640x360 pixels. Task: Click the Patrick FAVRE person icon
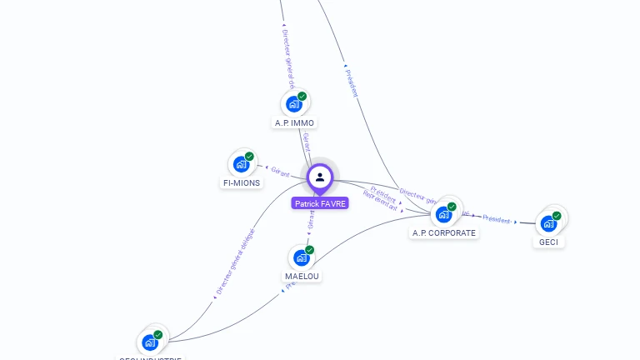[320, 177]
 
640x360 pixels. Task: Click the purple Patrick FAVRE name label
[320, 203]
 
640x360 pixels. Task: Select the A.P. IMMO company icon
[293, 104]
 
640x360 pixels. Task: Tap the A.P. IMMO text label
[295, 123]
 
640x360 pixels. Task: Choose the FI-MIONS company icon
[241, 164]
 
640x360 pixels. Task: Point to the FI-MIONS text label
[242, 183]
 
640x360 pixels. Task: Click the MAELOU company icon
[301, 257]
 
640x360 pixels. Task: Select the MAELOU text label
[302, 276]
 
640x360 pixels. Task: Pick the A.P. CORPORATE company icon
[444, 214]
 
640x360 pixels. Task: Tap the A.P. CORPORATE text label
[444, 233]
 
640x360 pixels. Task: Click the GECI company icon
[548, 223]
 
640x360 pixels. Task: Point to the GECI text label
[549, 242]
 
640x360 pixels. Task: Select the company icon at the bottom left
[150, 342]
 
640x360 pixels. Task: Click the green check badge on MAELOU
[310, 250]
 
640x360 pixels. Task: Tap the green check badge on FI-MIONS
[249, 157]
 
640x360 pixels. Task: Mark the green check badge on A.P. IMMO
[302, 97]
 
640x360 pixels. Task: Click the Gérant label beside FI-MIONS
[280, 171]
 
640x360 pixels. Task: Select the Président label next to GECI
[497, 220]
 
